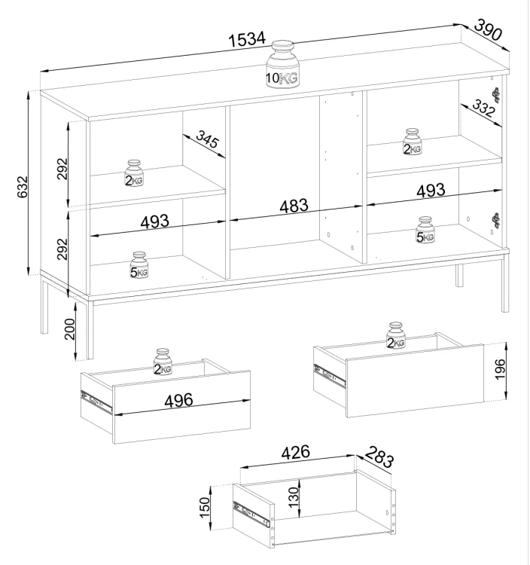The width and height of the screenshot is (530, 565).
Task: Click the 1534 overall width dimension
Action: click(248, 39)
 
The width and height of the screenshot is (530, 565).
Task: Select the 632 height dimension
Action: click(23, 187)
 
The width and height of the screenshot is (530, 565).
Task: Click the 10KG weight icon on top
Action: click(282, 64)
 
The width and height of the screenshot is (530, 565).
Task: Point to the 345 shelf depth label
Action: click(207, 139)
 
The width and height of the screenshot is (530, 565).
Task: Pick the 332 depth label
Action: click(483, 108)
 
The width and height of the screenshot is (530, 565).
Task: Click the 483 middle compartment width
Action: click(294, 206)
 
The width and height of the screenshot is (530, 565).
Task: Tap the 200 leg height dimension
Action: click(70, 329)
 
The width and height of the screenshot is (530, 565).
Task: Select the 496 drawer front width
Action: click(178, 400)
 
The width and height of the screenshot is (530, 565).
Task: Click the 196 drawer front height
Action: click(501, 369)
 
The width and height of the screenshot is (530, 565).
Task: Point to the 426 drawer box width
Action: click(295, 452)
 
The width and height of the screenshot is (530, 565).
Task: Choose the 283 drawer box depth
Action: click(379, 457)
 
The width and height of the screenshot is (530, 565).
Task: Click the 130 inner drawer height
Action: click(294, 497)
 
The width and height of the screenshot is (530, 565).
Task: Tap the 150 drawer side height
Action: click(205, 507)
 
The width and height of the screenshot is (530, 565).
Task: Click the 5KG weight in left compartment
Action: click(139, 265)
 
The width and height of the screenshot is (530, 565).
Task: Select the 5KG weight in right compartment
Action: click(425, 230)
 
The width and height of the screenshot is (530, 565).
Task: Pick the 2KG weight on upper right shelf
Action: click(412, 142)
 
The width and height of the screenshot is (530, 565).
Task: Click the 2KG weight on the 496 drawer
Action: click(163, 362)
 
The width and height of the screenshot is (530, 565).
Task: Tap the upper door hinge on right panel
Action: click(497, 95)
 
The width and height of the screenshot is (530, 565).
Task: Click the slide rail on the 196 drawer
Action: click(330, 376)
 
